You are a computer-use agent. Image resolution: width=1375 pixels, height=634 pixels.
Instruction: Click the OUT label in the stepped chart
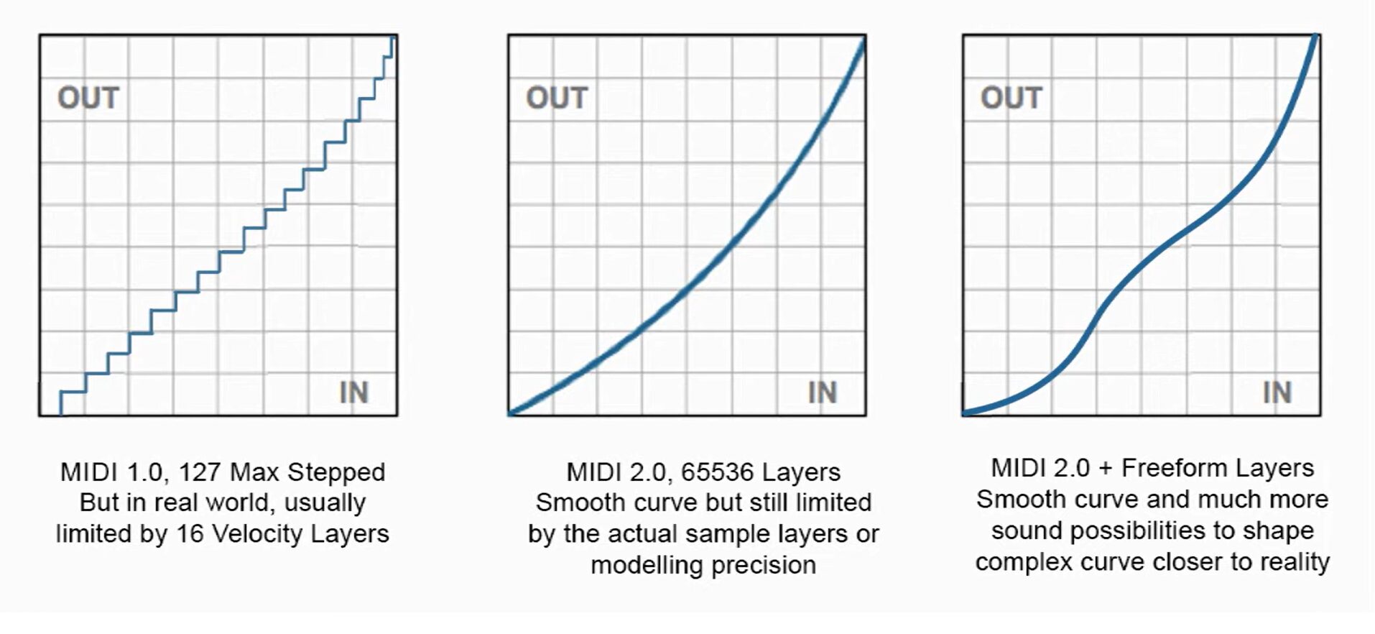point(88,98)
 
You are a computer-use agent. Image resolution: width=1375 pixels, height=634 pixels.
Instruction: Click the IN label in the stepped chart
point(353,392)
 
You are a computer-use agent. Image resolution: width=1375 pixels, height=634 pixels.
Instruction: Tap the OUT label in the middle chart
point(557,98)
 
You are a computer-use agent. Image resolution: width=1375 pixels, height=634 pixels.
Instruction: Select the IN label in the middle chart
point(823,392)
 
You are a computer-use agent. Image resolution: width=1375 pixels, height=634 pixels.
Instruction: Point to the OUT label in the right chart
point(1011,98)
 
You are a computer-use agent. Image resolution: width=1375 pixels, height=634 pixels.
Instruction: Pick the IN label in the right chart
point(1277,392)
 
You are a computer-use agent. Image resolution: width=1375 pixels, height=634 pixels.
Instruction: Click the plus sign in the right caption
point(1106,469)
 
